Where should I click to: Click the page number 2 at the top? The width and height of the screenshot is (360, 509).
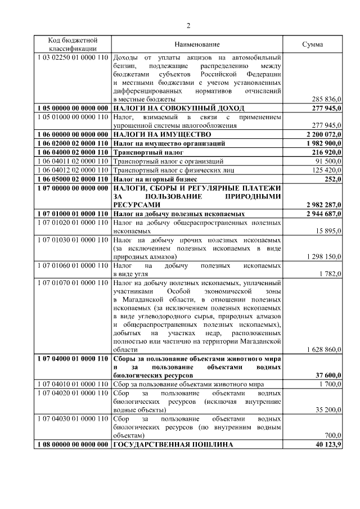click(x=189, y=25)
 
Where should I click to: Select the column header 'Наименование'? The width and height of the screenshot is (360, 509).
click(x=197, y=44)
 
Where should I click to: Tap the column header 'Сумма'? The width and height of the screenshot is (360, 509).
click(x=313, y=44)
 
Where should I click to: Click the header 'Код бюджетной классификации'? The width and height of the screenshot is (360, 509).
click(x=73, y=44)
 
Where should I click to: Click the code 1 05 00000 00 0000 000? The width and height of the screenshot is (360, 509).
click(x=73, y=107)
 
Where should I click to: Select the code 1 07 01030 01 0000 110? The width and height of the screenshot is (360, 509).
click(x=73, y=240)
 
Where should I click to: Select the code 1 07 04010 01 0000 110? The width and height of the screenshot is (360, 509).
click(x=73, y=384)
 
